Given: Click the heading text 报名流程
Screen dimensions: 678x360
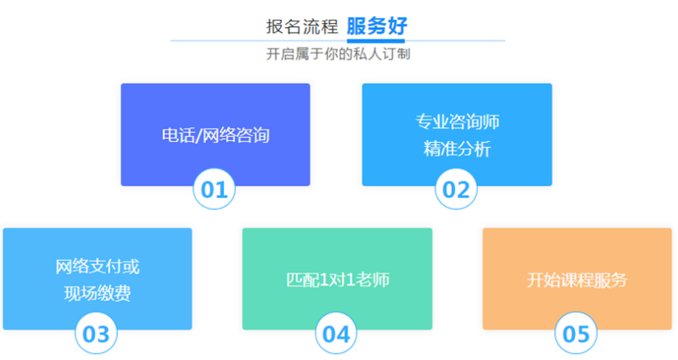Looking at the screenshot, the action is point(302,26).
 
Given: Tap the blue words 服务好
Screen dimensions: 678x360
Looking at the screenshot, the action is point(376,26).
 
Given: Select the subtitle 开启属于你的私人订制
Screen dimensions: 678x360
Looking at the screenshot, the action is point(338,54).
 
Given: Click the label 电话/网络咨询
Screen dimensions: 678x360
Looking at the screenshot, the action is point(216,135).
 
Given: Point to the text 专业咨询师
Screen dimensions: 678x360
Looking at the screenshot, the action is point(457,121).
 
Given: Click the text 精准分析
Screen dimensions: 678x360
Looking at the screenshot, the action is point(457,149).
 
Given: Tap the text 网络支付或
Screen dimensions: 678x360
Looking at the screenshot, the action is point(98,267).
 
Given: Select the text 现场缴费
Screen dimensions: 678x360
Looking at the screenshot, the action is point(98,293).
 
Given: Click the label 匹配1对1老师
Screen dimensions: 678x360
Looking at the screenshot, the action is point(338,280).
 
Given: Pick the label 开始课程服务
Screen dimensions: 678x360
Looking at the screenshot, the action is point(577,280).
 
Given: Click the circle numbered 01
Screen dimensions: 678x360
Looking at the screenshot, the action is point(214,189).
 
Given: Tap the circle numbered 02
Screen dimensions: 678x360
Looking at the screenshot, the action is point(456,189).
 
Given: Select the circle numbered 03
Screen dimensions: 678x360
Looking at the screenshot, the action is point(96,334).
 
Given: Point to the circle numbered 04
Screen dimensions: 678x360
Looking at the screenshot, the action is point(336,334).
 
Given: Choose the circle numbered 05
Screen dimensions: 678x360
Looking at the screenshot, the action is point(576,334).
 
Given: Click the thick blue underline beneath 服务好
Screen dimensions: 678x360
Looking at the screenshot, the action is point(375,41).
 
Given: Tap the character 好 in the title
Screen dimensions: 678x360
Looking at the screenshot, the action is point(398,26).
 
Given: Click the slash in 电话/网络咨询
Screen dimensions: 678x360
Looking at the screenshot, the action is point(199,135).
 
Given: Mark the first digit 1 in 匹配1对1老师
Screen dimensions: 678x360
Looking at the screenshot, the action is point(325,280).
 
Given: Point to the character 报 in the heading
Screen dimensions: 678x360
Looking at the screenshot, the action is point(275,26).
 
